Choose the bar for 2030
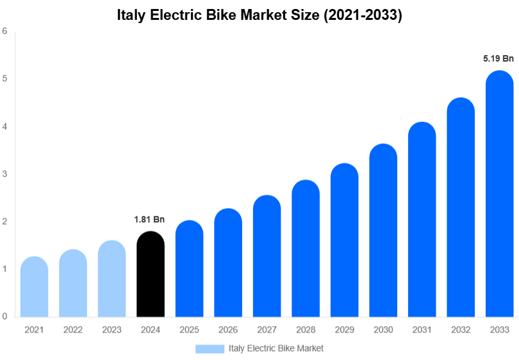[383, 231]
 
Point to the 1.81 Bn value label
[149, 220]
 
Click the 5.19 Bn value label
[498, 59]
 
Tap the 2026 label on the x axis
[228, 330]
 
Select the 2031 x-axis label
[422, 330]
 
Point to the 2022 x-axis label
[73, 330]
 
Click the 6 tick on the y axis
[4, 31]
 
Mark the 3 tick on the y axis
[4, 174]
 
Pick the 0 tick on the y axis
[4, 316]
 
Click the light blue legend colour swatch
[210, 348]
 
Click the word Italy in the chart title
[131, 15]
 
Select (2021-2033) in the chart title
[363, 15]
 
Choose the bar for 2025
[189, 268]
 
